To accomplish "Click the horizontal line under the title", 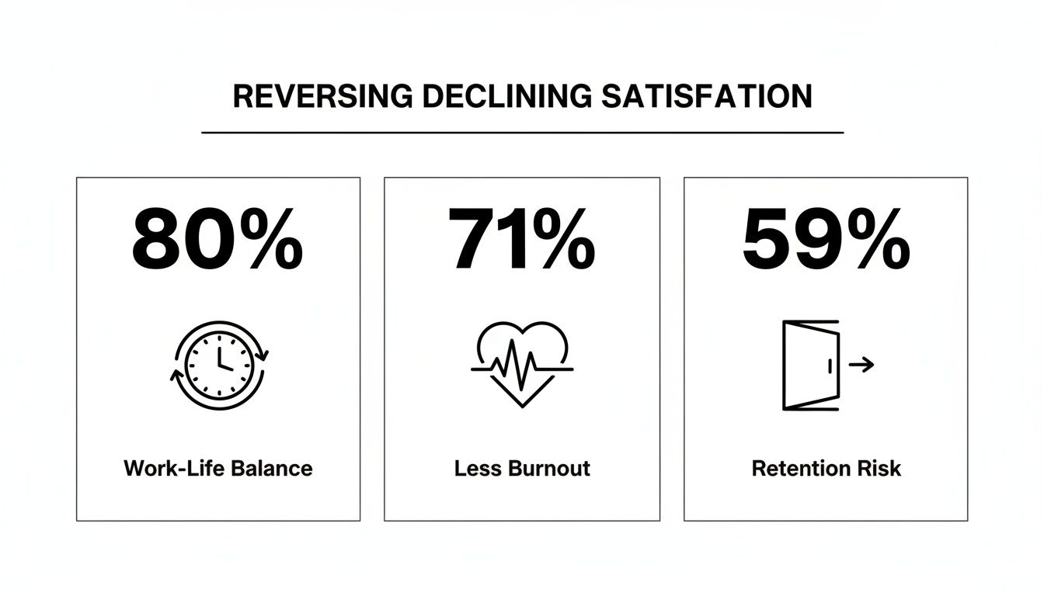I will [x=522, y=133].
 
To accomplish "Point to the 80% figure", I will [x=217, y=238].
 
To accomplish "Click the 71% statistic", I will [x=521, y=238].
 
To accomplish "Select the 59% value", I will [x=826, y=238].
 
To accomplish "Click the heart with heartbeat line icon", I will [x=522, y=363].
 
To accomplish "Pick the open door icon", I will [x=809, y=365].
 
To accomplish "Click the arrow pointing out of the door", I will [x=861, y=364].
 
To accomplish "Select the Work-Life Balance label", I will [x=217, y=469].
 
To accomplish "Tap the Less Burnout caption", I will [x=522, y=469].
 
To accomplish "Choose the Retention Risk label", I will [x=826, y=469].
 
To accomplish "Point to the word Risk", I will [x=880, y=469].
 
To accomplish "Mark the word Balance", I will [x=273, y=469].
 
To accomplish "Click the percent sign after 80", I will [x=270, y=238].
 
